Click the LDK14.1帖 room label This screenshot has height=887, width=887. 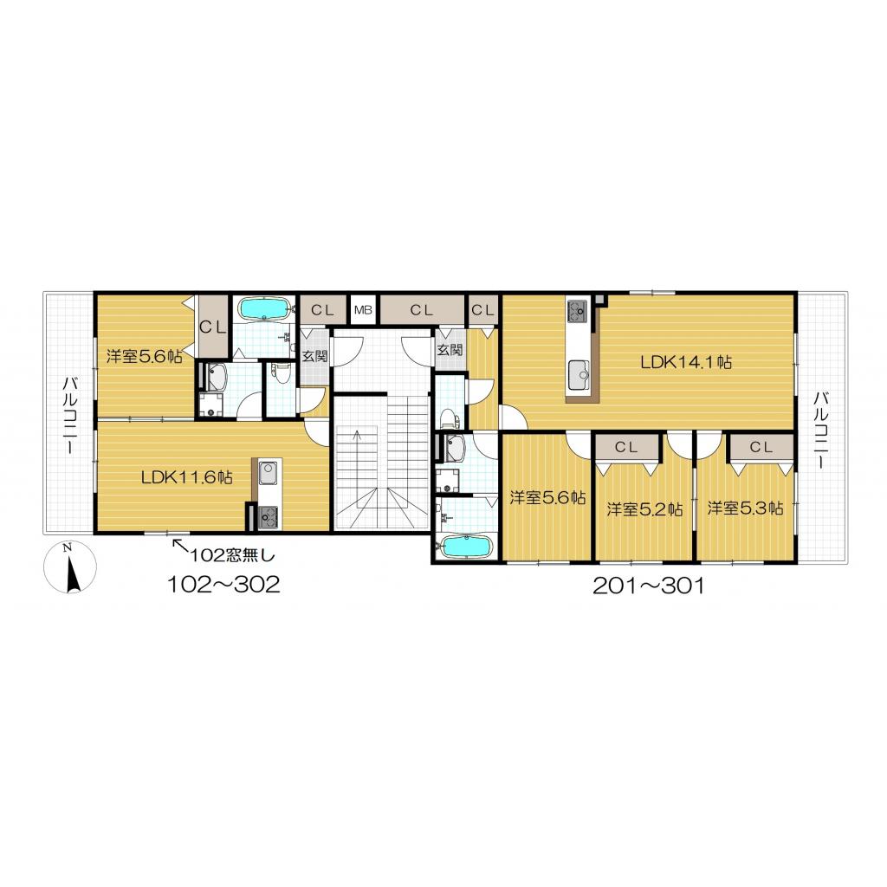[x=686, y=362]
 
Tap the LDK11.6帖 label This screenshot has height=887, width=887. [x=187, y=477]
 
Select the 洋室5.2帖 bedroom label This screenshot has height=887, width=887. [x=644, y=509]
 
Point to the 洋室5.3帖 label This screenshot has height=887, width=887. [x=745, y=508]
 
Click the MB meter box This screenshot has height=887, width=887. [x=363, y=310]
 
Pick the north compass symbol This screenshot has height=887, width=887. [x=70, y=567]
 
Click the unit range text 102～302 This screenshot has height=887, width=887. [x=223, y=585]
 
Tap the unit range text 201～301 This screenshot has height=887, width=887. [x=648, y=586]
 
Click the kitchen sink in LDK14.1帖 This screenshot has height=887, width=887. [x=578, y=375]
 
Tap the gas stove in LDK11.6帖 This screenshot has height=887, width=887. [x=268, y=517]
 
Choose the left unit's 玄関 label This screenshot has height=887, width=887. [x=314, y=356]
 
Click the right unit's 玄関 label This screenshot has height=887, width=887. [x=450, y=349]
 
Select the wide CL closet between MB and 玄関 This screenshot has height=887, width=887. [x=422, y=310]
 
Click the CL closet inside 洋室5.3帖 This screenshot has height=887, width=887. [x=761, y=448]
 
